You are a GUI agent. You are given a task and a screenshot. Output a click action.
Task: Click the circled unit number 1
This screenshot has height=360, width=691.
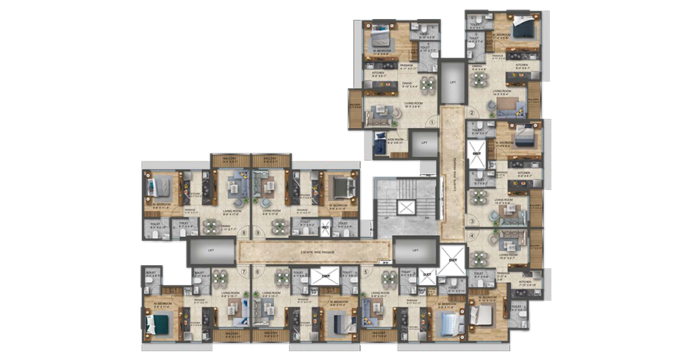click(x=434, y=122)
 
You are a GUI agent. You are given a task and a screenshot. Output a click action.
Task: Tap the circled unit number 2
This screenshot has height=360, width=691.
click(x=473, y=112)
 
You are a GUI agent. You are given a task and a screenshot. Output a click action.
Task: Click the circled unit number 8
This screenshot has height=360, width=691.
click(x=243, y=234)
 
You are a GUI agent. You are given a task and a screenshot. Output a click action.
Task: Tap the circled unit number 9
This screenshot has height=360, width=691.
click(x=258, y=234)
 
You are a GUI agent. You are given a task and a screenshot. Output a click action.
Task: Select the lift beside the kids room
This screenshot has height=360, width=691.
click(x=424, y=142)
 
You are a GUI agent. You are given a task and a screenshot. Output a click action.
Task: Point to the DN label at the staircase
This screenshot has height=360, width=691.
click(x=426, y=219)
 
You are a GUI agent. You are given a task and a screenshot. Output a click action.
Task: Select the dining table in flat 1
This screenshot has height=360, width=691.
click(x=388, y=85)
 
